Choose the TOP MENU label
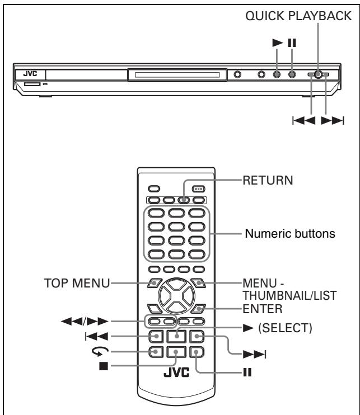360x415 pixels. (73, 284)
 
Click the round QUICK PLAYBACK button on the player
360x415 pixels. (318, 74)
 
